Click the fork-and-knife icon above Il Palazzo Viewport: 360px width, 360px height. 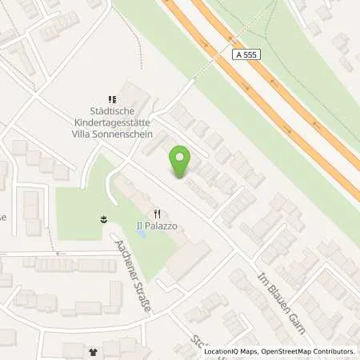tap(158, 213)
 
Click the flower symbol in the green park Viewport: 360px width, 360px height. tap(104, 218)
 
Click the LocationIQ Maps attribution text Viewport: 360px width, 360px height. tap(232, 350)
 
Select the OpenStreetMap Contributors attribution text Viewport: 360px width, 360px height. tap(307, 350)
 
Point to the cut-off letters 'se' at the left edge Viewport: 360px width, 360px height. tap(3, 217)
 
